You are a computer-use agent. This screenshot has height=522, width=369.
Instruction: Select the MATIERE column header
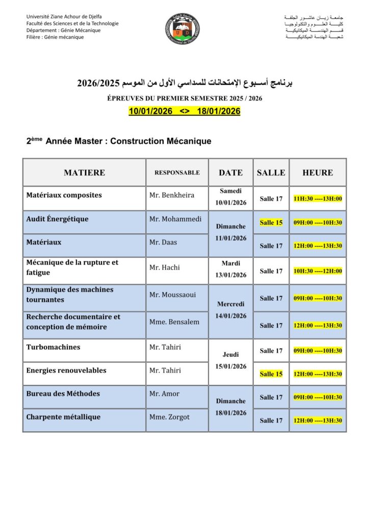84,173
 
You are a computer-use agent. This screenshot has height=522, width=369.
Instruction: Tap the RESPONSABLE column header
177,173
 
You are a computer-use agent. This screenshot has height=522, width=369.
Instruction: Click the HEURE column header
318,173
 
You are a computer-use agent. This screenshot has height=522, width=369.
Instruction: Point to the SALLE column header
271,173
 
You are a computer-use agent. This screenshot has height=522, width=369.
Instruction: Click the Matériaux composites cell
64,195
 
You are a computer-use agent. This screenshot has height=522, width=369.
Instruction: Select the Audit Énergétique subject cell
58,219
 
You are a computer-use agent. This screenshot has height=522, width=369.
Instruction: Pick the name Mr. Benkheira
172,195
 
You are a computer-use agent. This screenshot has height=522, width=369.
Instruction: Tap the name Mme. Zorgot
169,417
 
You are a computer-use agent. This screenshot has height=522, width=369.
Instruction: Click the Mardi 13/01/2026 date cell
231,270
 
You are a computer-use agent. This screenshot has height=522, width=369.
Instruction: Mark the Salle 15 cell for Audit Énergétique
271,223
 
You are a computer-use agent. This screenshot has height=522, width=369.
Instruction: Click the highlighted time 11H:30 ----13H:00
318,199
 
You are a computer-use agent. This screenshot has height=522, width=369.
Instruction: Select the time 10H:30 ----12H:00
318,271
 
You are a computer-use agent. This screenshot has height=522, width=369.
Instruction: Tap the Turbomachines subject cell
54,347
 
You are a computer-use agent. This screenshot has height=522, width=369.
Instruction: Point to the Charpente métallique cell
64,417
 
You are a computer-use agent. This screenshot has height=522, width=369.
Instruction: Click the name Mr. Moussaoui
172,295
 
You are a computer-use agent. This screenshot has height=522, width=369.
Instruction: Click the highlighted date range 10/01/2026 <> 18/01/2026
184,111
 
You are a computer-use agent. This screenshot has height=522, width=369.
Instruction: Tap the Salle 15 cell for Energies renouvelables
271,374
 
